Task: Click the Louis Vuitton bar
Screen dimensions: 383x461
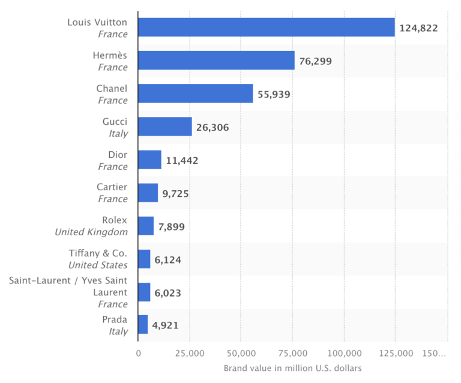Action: click(266, 28)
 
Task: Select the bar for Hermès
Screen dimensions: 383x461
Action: click(216, 61)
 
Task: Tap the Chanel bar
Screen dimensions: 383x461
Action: click(195, 94)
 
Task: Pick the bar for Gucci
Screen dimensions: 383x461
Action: click(164, 127)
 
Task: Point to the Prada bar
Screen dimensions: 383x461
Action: click(143, 325)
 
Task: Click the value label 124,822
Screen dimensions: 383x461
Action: click(418, 28)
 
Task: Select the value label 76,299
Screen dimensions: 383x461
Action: click(315, 61)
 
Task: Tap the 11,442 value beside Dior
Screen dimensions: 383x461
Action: click(182, 160)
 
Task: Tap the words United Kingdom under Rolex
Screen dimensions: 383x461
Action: click(91, 232)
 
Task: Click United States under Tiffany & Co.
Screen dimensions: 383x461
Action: click(98, 265)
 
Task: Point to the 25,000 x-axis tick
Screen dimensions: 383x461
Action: click(190, 354)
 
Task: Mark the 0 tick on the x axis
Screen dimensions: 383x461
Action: click(138, 354)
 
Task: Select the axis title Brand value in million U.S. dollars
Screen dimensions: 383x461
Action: click(292, 368)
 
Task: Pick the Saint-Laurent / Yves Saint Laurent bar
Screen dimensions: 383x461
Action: click(144, 292)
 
